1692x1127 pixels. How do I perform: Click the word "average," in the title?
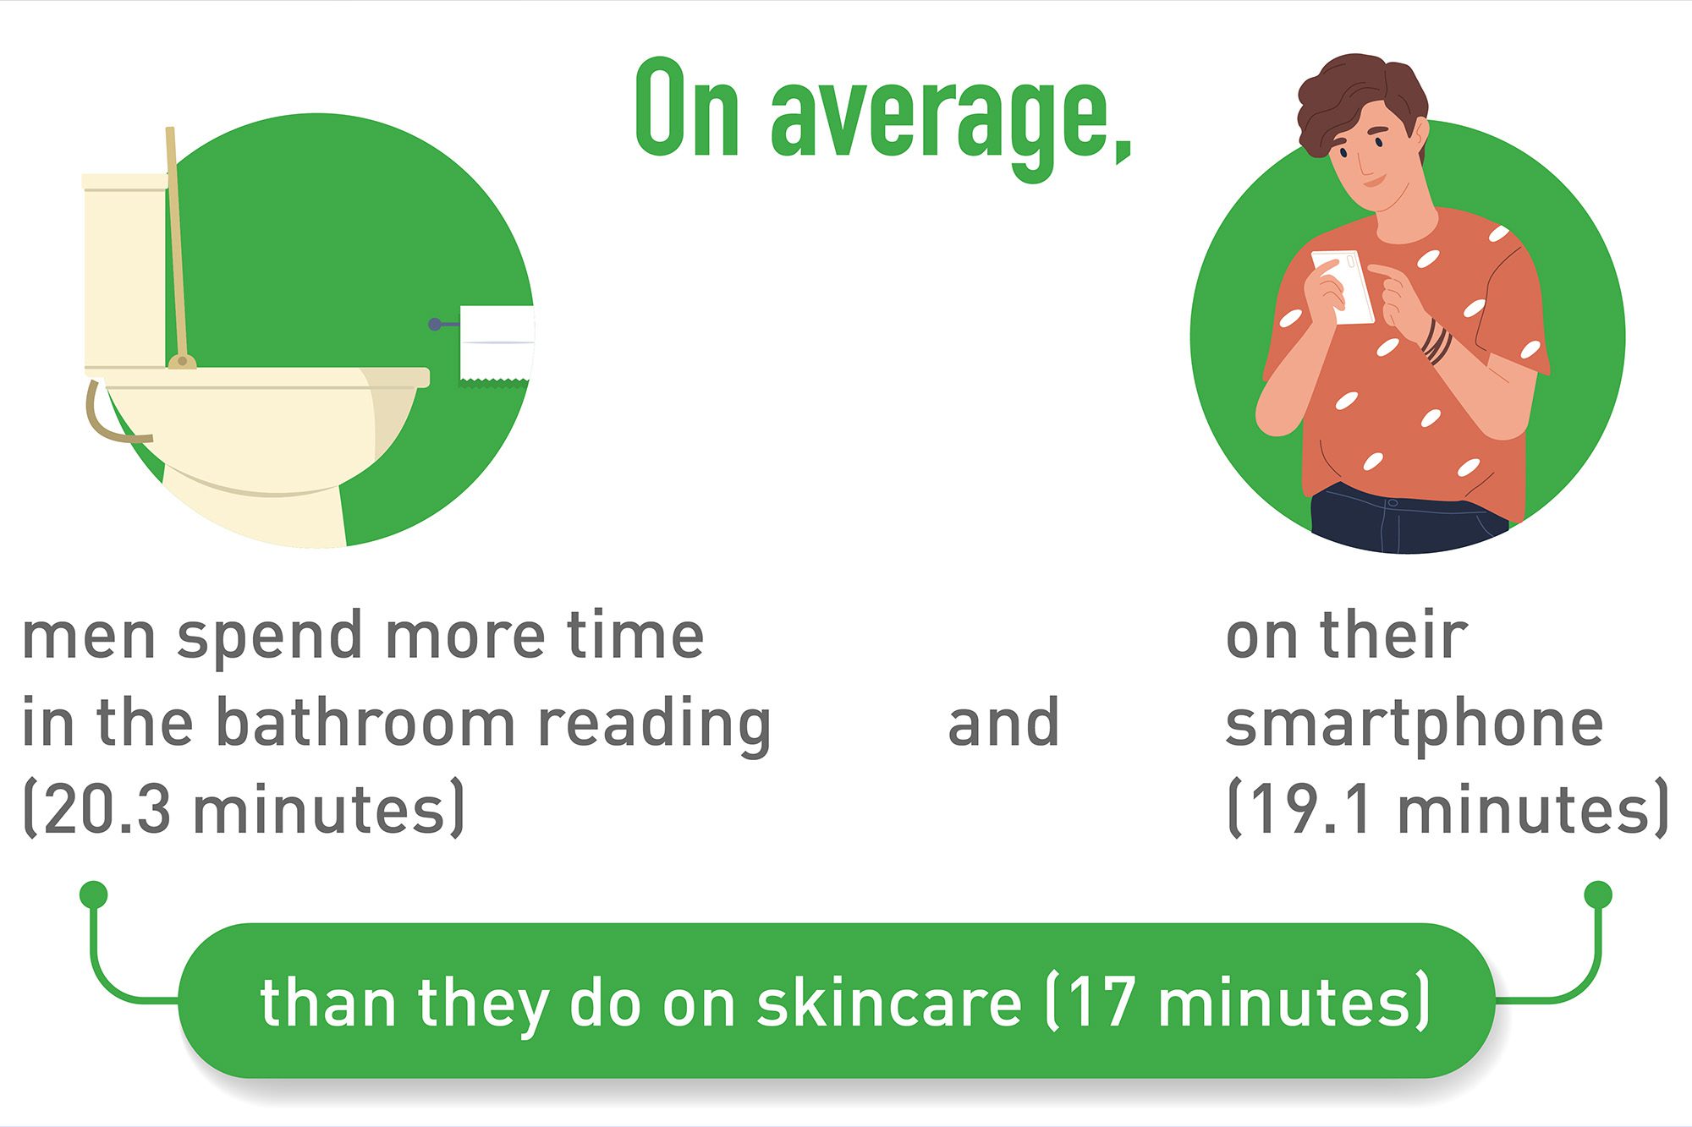951,123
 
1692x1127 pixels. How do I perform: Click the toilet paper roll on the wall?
497,344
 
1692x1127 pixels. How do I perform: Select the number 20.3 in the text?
107,809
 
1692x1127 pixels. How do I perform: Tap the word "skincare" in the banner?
889,1003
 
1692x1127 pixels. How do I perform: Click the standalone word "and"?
1003,723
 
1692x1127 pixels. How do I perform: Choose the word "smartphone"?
1415,725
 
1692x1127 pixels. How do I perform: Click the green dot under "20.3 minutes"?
94,894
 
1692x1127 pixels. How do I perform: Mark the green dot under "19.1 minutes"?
1598,894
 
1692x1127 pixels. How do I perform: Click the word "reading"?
655,725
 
